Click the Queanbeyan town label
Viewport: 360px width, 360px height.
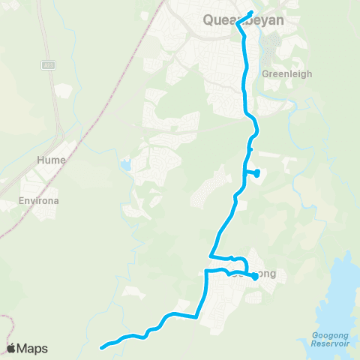[244, 21]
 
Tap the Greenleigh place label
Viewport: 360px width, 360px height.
[282, 74]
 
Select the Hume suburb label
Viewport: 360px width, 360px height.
[51, 160]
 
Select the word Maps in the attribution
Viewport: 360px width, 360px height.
[32, 348]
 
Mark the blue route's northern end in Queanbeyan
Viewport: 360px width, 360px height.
[251, 12]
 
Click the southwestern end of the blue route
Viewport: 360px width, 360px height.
[102, 346]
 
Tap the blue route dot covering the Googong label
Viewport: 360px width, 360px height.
[254, 276]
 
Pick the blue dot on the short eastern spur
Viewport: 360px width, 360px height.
[257, 173]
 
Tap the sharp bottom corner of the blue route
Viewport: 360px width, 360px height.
[196, 317]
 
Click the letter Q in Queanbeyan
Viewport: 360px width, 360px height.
[209, 21]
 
